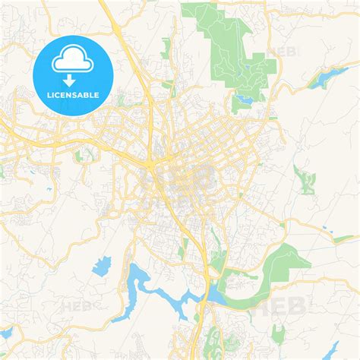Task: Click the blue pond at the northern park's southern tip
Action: (x=245, y=98)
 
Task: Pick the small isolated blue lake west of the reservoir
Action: (x=101, y=266)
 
